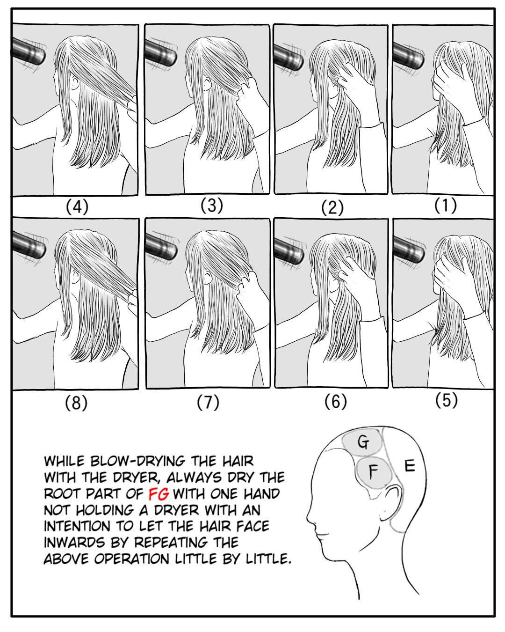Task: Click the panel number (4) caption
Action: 77,207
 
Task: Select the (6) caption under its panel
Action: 335,402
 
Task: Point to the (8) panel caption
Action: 76,403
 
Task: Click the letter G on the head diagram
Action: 363,443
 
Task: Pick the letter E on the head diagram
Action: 410,466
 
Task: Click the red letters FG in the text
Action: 159,494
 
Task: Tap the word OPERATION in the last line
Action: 132,559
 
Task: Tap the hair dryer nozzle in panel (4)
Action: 29,52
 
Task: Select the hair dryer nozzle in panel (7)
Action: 161,247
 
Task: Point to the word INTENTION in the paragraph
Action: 77,526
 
